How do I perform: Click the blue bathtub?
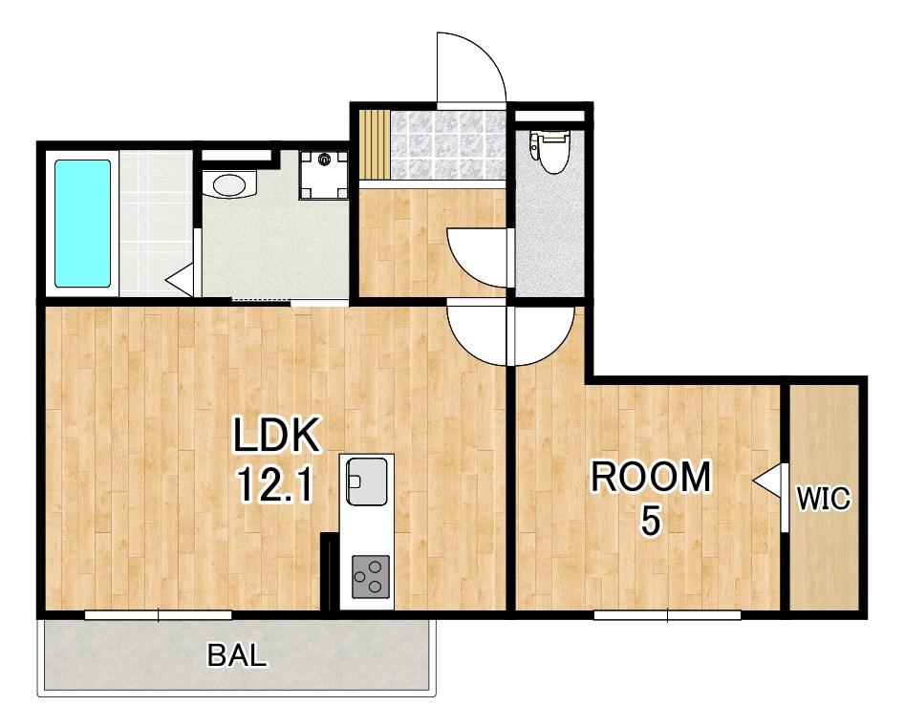tap(82, 224)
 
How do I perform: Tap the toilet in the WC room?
tap(550, 151)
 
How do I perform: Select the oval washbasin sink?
tap(229, 184)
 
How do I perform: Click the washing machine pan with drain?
tap(324, 175)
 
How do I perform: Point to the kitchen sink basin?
tap(367, 481)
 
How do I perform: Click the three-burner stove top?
tap(371, 576)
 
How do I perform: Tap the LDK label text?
tap(276, 437)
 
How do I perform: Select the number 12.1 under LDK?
tap(275, 485)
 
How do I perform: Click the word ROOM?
tap(651, 477)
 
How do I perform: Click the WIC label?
tap(824, 499)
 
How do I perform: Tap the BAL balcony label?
tap(237, 655)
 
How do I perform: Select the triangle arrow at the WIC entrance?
tap(767, 481)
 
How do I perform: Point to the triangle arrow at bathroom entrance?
tap(180, 281)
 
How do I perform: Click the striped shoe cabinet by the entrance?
tap(375, 143)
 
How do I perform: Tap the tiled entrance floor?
tap(448, 144)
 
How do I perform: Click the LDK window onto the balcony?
tap(158, 615)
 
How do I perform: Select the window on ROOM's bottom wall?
tap(667, 615)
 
